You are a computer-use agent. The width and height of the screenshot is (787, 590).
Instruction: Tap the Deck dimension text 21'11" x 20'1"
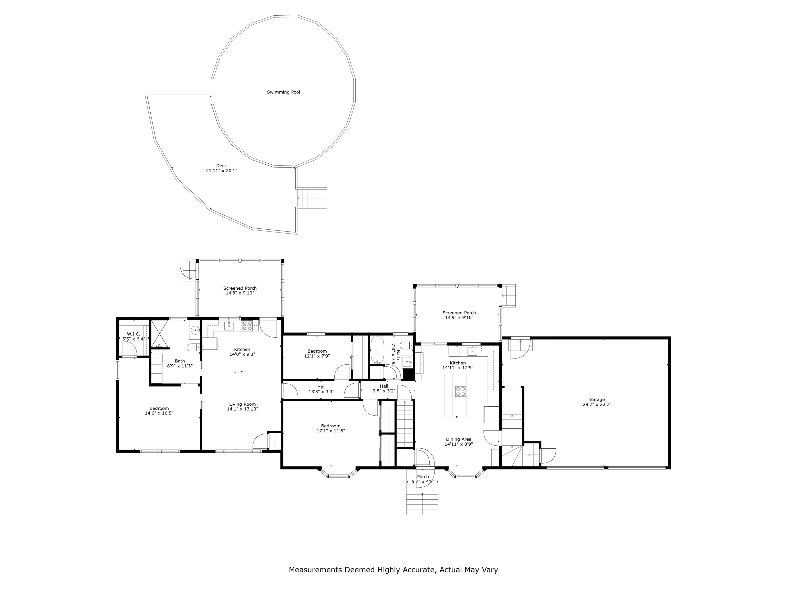click(221, 171)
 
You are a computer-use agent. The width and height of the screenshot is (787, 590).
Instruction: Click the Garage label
click(597, 399)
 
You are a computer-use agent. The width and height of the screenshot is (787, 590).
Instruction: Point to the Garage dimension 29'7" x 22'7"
click(597, 404)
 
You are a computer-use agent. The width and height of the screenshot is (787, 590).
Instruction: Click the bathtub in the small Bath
click(377, 350)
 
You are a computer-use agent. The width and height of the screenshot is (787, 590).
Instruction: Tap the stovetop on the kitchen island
click(460, 391)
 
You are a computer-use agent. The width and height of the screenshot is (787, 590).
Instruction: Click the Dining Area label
click(458, 439)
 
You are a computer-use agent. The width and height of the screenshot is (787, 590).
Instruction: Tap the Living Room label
click(242, 404)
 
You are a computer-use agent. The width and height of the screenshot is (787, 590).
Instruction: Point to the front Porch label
click(423, 477)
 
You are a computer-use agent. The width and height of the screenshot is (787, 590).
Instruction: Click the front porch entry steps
click(423, 504)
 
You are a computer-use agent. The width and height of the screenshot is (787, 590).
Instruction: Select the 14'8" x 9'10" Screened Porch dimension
click(240, 293)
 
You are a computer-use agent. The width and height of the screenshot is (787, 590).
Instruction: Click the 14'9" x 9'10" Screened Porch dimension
click(459, 318)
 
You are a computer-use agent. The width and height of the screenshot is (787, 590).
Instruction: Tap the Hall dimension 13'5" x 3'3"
click(321, 392)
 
